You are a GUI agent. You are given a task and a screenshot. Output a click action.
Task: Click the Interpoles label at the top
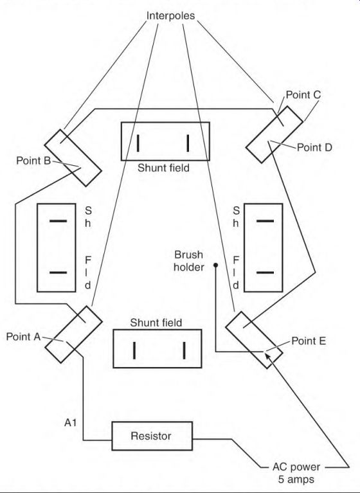[171, 15]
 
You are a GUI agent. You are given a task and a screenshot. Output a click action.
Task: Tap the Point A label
[23, 337]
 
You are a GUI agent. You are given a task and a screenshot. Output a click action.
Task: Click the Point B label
[33, 161]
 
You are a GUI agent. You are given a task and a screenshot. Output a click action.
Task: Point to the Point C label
[303, 94]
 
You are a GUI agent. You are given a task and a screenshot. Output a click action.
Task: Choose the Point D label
[314, 147]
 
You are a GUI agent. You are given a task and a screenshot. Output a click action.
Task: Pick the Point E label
[309, 341]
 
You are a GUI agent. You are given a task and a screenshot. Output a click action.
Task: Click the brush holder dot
[216, 265]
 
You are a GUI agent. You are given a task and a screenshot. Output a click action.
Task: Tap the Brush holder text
[188, 261]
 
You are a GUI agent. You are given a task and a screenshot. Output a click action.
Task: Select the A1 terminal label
[71, 423]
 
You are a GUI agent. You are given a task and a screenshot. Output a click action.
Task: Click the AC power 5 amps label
[296, 473]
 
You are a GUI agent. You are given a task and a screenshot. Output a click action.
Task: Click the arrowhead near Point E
[267, 355]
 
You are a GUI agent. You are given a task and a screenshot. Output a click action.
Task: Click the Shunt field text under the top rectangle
[163, 168]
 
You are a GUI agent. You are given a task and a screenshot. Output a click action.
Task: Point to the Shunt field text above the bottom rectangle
[156, 323]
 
